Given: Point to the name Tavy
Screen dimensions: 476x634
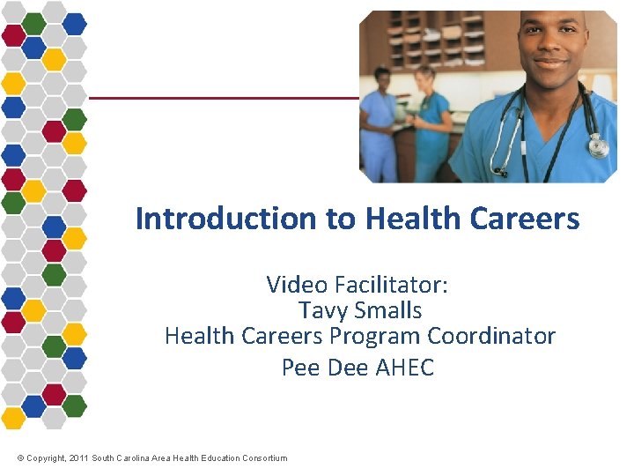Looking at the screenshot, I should tap(323, 310).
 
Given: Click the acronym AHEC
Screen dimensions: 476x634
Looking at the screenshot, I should tap(405, 367).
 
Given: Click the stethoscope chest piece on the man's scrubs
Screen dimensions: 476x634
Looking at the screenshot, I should tap(599, 145).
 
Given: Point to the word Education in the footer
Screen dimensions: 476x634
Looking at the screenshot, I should tap(214, 458).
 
